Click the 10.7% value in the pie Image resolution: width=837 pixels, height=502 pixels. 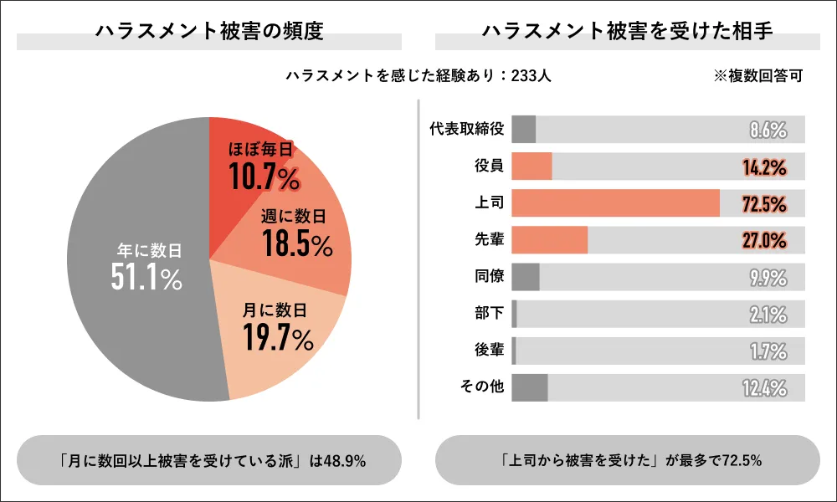(263, 177)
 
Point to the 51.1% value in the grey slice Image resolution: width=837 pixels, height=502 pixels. (146, 277)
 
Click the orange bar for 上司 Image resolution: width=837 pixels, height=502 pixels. (615, 202)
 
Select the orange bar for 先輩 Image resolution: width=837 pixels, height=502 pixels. (549, 239)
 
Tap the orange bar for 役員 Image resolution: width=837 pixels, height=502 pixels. (531, 166)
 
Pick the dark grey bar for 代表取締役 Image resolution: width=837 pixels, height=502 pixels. (523, 129)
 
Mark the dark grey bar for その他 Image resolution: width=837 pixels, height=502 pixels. (529, 387)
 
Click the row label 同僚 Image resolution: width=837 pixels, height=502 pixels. (489, 276)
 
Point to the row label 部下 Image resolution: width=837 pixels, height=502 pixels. (489, 314)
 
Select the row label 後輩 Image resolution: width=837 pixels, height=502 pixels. (489, 351)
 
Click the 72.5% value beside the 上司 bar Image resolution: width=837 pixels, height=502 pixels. (764, 203)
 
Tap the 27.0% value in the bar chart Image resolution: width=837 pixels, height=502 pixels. (764, 240)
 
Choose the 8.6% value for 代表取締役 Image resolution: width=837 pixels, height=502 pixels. (768, 130)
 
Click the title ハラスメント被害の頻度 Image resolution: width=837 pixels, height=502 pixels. (209, 31)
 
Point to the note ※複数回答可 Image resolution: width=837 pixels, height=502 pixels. (758, 75)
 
